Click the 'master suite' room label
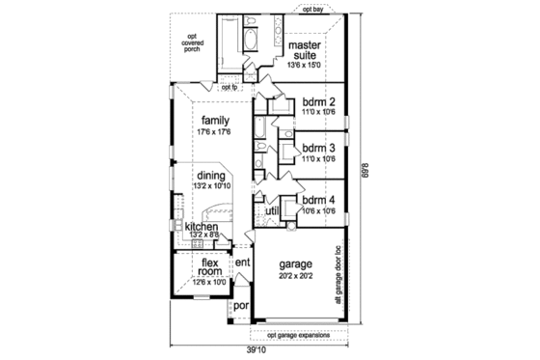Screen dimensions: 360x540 [307, 50]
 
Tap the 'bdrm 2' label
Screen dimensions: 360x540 [317, 102]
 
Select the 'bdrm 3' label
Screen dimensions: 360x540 [317, 149]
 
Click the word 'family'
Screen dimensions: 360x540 [216, 120]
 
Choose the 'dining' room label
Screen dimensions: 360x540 [211, 176]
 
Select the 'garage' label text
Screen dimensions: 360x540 [297, 263]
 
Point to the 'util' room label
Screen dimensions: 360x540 [272, 209]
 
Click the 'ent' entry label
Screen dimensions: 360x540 [243, 263]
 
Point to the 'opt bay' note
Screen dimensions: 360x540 [312, 10]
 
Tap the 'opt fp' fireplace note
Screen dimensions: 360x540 [229, 87]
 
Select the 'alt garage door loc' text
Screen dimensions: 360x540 [339, 270]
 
